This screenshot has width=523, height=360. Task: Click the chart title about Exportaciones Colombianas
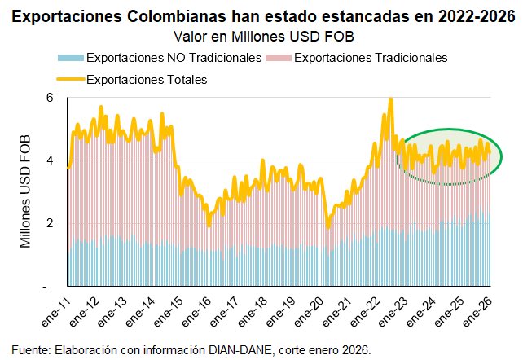261,15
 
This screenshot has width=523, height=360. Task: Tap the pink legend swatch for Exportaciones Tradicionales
277,58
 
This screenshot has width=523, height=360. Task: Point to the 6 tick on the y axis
49,98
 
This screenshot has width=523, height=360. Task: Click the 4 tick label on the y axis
49,160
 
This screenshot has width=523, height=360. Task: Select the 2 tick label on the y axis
49,224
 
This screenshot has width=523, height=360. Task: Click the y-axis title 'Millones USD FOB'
25,191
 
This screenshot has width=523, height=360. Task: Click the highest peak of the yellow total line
391,99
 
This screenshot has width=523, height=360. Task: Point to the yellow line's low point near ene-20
327,227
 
